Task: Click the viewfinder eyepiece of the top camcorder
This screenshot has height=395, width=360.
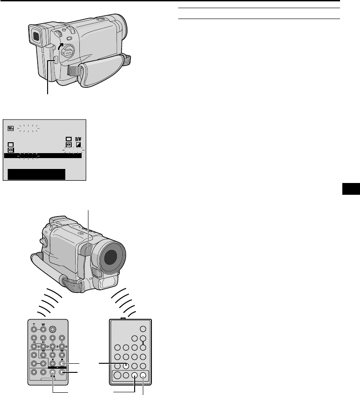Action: (34, 34)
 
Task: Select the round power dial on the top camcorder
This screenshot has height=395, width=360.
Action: (68, 51)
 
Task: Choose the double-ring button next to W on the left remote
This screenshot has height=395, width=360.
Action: (54, 330)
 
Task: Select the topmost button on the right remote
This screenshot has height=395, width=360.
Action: (144, 329)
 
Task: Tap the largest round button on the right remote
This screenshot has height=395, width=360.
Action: (117, 375)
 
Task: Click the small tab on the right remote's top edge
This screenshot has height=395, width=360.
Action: (123, 318)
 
